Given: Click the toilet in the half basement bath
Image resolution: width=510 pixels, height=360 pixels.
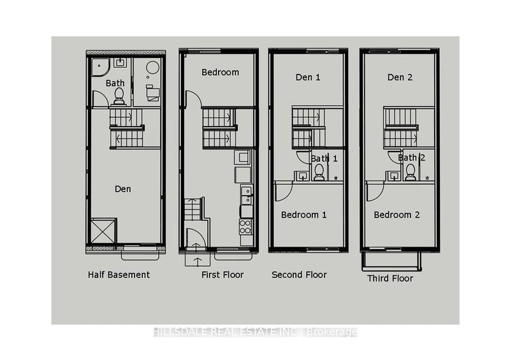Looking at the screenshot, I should [x=119, y=96].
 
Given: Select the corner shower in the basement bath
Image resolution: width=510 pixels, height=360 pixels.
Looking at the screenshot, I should [x=99, y=66].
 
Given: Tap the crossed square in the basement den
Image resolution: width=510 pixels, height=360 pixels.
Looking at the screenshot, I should [x=103, y=231].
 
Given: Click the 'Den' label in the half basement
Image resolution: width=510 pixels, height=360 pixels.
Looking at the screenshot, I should [x=123, y=189].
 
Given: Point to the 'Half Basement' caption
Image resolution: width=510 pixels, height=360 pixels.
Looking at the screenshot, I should [x=119, y=275].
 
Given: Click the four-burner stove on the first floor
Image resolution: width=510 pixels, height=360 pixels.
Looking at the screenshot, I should [x=245, y=226].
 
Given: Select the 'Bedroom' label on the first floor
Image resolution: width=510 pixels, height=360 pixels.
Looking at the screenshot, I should [x=220, y=72].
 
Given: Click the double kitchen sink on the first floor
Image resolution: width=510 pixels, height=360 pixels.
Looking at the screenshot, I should [x=245, y=191].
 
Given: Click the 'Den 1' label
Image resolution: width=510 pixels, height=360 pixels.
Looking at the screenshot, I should [x=308, y=77].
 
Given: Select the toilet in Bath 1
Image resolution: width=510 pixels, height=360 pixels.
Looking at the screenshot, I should [x=319, y=172].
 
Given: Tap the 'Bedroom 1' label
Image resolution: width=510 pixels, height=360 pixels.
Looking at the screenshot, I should [x=304, y=215].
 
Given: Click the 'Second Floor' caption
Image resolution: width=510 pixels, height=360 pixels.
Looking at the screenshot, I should [x=299, y=275].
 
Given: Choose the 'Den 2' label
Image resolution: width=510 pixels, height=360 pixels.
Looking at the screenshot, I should [x=400, y=77].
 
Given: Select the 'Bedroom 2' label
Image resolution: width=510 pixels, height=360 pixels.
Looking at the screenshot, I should [x=397, y=215].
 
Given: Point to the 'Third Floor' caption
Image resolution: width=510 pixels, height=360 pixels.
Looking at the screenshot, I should [x=390, y=278].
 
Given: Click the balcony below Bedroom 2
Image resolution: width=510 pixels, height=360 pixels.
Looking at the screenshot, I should [x=390, y=259].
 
